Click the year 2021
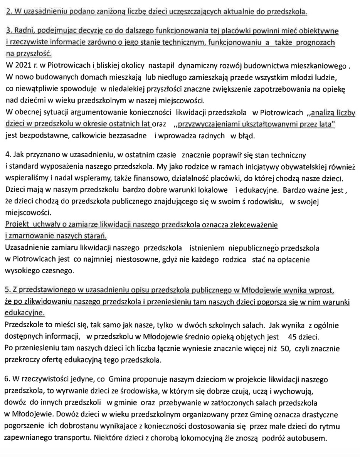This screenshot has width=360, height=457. [22, 66]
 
